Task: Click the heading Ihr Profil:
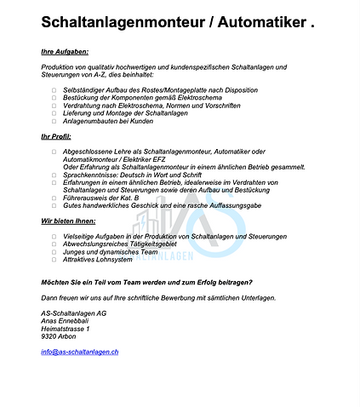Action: point(55,136)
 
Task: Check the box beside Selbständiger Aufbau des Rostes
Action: point(54,89)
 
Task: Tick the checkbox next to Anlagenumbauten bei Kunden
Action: point(54,121)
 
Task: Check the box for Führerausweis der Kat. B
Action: point(54,198)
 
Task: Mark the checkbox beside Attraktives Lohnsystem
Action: point(54,259)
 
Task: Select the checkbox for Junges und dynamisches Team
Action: point(54,251)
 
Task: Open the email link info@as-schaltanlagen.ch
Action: point(79,352)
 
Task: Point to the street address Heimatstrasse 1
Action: point(65,329)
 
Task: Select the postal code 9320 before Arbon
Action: point(49,336)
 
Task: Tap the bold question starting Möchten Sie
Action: point(146,282)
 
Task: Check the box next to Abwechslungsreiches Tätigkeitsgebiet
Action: point(54,244)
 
